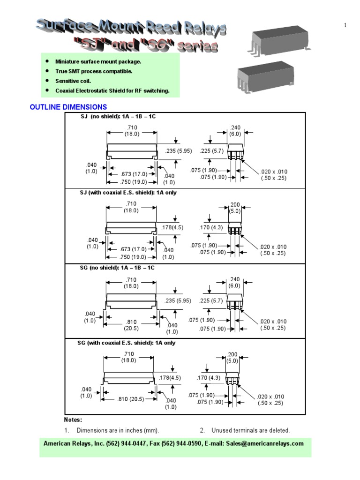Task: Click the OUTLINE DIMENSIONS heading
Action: (x=68, y=107)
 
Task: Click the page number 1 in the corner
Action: (x=345, y=25)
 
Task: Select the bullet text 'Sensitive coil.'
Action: (x=73, y=81)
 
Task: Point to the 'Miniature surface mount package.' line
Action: (x=98, y=61)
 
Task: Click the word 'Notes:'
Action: (x=73, y=420)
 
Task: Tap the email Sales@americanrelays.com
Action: (x=264, y=443)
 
